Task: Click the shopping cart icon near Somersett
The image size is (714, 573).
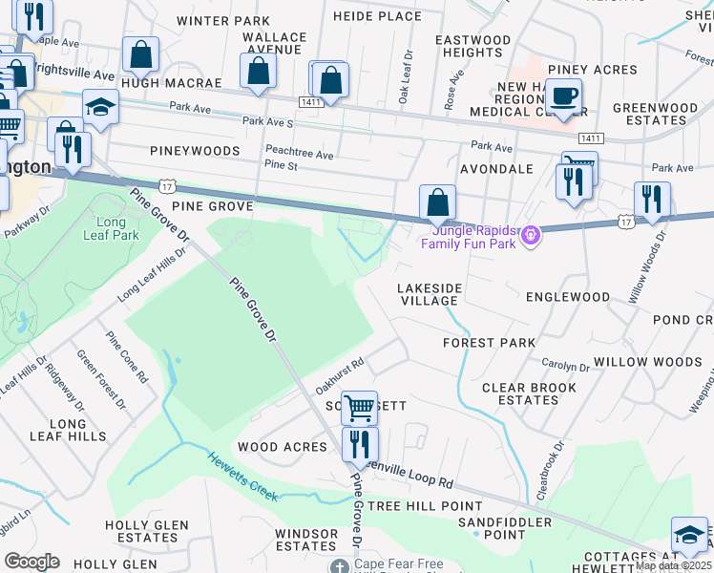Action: [359, 408]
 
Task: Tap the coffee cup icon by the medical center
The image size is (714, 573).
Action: [564, 96]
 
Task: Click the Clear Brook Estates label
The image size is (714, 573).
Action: [529, 393]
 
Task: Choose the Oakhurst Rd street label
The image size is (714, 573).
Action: [341, 369]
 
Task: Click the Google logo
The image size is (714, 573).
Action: [31, 561]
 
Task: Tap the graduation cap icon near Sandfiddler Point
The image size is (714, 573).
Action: [689, 535]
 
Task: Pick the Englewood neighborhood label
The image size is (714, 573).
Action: [568, 297]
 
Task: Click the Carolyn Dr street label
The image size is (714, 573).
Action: [566, 366]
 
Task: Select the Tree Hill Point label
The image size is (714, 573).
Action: [425, 505]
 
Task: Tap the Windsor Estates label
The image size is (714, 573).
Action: [305, 540]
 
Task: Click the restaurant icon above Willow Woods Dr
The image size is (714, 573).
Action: [652, 199]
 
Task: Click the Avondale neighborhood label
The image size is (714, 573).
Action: [496, 169]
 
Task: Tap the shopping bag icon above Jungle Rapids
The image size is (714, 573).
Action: [437, 202]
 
